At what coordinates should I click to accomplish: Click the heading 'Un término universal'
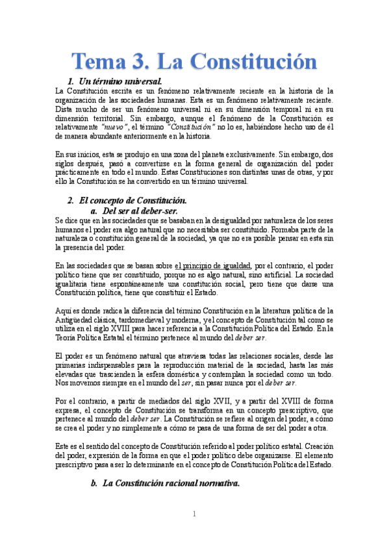(119, 81)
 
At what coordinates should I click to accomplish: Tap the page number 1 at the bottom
(194, 514)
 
